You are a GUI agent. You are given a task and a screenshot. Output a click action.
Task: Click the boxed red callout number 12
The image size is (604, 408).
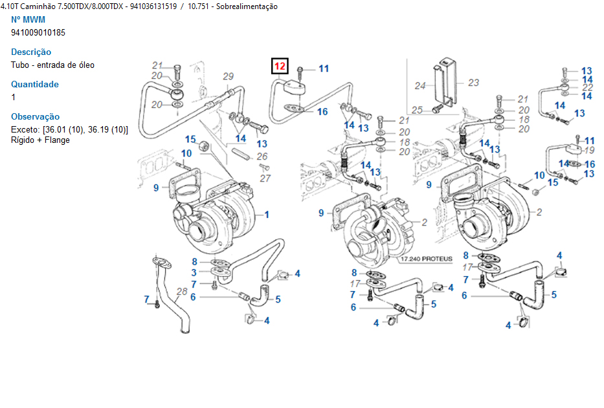point(280,66)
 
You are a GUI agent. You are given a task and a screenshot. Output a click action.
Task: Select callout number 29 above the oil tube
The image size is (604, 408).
point(228,77)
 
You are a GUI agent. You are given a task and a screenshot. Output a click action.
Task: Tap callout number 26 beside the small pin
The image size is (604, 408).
point(262,156)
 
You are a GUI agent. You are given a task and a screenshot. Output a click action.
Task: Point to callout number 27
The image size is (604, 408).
point(264,178)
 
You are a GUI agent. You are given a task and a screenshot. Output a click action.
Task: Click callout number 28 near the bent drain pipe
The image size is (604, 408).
point(182,292)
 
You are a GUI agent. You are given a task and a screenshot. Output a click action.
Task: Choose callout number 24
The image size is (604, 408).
point(420,86)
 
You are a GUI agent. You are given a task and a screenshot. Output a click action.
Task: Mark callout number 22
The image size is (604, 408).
point(587,87)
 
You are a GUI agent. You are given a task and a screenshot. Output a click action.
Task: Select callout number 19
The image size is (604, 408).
point(588,150)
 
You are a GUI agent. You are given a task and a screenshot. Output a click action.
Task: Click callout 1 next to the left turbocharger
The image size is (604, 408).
point(266,214)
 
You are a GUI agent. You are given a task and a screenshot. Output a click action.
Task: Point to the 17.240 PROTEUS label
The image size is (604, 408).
point(425,259)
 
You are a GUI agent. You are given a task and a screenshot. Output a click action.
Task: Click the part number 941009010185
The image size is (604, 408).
point(38,32)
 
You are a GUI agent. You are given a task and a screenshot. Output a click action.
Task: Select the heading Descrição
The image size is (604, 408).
point(31,52)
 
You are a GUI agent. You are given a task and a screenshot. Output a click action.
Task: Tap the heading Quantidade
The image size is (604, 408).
point(35,84)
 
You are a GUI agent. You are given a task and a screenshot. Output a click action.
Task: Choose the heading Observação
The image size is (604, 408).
point(36,116)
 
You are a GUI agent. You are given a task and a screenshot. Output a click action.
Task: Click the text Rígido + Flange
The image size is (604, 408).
point(40,140)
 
